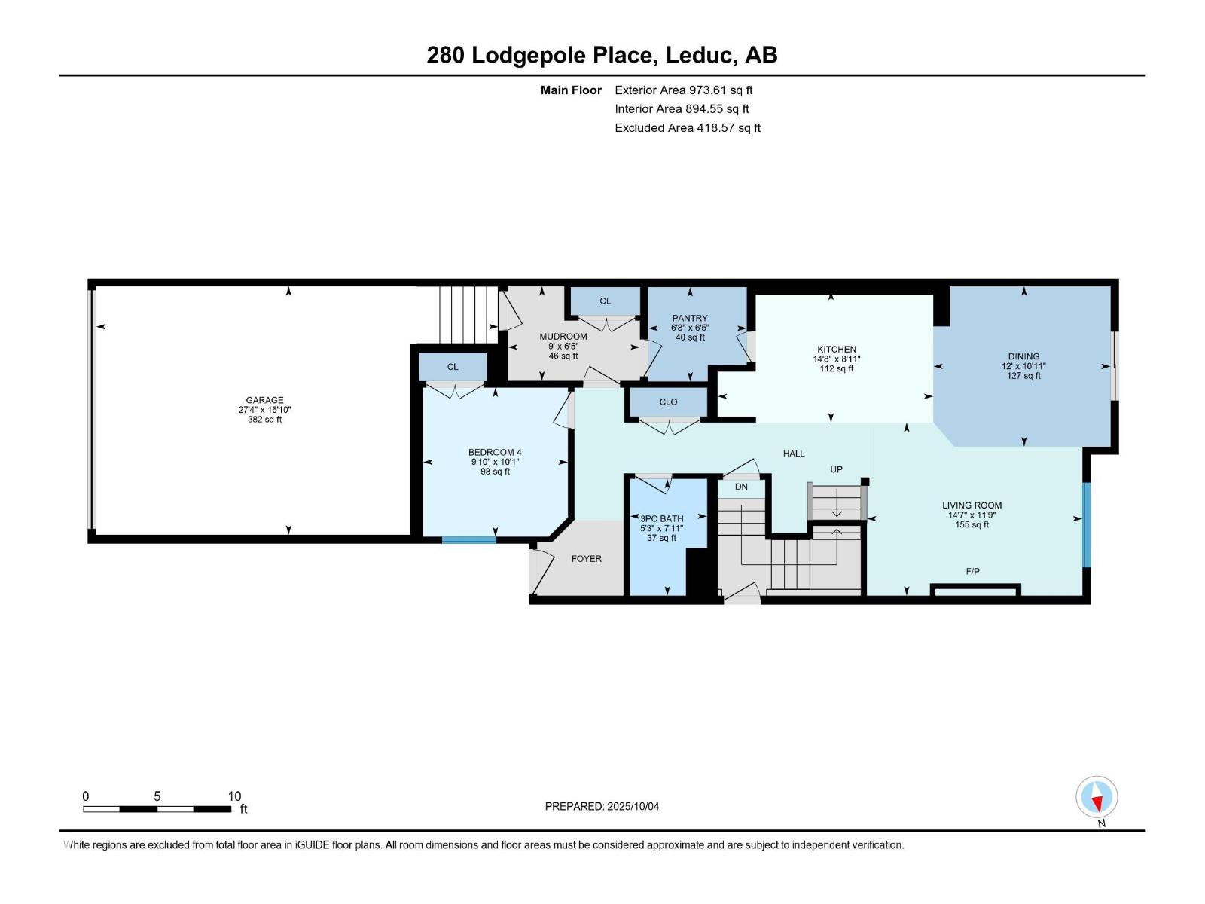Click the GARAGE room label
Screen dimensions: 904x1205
click(x=264, y=400)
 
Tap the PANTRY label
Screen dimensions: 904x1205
click(x=690, y=318)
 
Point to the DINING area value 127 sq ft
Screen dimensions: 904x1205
click(x=1023, y=376)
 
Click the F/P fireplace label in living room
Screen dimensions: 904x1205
click(x=972, y=572)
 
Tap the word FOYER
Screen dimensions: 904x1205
click(x=586, y=559)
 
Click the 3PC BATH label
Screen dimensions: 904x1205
click(x=661, y=518)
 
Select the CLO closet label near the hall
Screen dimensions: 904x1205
click(x=668, y=402)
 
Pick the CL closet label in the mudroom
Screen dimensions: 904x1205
click(x=605, y=301)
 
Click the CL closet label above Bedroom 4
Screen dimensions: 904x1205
click(x=452, y=367)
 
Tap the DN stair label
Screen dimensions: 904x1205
click(x=741, y=487)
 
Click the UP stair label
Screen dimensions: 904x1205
click(x=836, y=469)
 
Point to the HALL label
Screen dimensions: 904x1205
click(x=794, y=454)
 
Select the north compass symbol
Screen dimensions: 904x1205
click(x=1097, y=798)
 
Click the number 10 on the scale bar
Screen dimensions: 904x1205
click(x=234, y=796)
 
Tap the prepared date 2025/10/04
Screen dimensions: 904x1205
click(x=632, y=806)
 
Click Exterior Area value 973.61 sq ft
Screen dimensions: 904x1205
click(x=721, y=90)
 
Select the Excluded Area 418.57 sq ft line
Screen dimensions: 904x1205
click(x=687, y=128)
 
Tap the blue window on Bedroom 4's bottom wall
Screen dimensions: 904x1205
click(x=468, y=539)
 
